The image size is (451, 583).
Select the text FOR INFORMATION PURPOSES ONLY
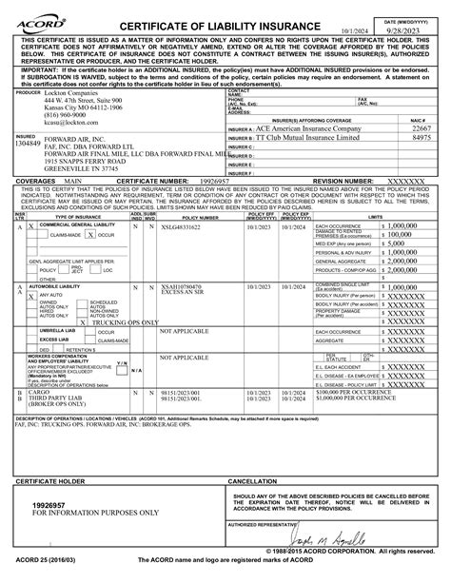pyautogui.click(x=95, y=513)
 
